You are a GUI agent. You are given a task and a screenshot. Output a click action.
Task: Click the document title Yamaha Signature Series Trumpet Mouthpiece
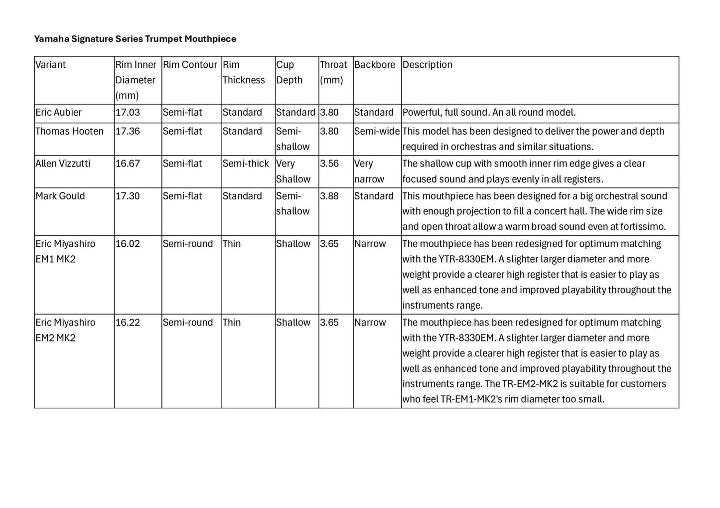(135, 39)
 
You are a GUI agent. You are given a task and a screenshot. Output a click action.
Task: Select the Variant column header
(50, 65)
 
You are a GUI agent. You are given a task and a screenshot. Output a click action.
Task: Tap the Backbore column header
(375, 65)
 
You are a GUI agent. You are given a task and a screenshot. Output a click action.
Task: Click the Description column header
(427, 65)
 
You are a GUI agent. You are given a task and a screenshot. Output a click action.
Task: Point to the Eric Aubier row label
(58, 113)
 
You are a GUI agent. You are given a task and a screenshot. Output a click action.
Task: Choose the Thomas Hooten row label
(69, 132)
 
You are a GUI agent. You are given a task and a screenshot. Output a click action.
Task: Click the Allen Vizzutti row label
(63, 164)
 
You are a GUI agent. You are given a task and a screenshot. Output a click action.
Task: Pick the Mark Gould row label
(60, 196)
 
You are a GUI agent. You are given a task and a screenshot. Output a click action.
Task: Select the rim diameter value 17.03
(128, 113)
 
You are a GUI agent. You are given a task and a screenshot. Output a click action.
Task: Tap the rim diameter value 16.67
(128, 164)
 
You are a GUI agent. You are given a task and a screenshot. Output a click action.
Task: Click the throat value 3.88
(329, 196)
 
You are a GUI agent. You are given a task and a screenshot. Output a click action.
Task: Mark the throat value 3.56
(329, 164)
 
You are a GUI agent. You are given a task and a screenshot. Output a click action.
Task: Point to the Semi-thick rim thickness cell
(246, 164)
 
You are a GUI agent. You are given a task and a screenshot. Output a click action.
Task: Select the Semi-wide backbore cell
(377, 132)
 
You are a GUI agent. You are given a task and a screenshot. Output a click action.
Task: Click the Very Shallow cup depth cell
(293, 171)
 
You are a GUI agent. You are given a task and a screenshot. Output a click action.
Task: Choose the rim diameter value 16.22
(128, 323)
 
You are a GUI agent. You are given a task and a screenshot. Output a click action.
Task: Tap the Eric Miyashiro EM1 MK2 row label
(65, 251)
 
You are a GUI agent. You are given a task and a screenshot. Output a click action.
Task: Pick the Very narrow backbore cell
(369, 171)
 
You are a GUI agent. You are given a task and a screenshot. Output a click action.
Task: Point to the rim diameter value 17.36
(128, 132)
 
